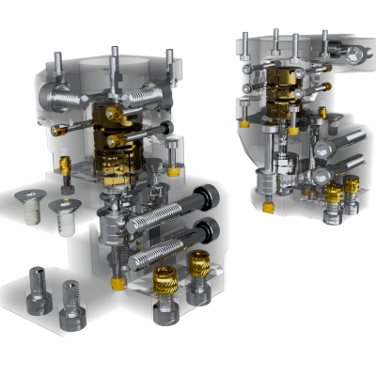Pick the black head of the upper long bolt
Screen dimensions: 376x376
209,198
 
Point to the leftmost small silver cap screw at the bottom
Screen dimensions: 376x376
37,288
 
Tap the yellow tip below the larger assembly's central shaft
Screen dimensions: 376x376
117,283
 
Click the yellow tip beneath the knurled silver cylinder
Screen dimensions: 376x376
269,207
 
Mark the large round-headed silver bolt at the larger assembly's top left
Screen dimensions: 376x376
68,98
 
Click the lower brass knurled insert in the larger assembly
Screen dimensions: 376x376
165,283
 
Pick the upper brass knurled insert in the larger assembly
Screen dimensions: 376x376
198,266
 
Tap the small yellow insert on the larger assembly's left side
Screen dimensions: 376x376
64,166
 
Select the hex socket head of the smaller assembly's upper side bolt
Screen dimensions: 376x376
324,149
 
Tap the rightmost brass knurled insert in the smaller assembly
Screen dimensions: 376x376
352,188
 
